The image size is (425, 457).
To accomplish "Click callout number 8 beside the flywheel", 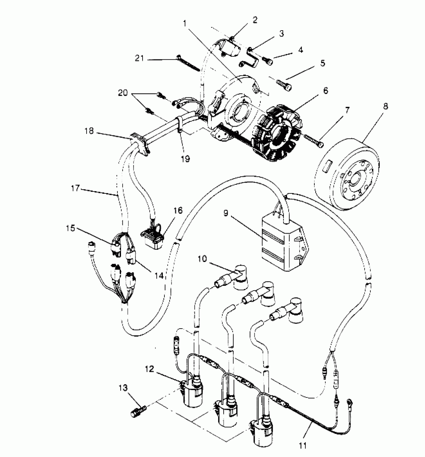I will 385,106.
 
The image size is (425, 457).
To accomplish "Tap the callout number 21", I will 139,58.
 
